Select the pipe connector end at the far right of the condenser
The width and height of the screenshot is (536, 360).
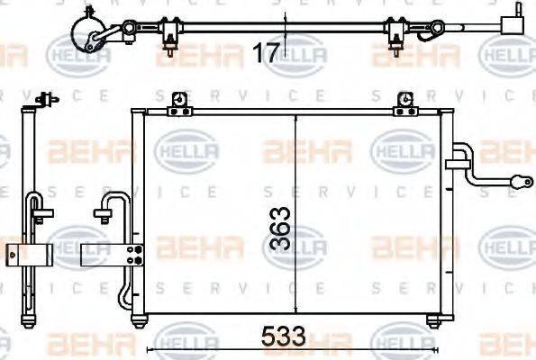[520, 181]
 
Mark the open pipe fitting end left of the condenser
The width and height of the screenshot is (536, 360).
[101, 213]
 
